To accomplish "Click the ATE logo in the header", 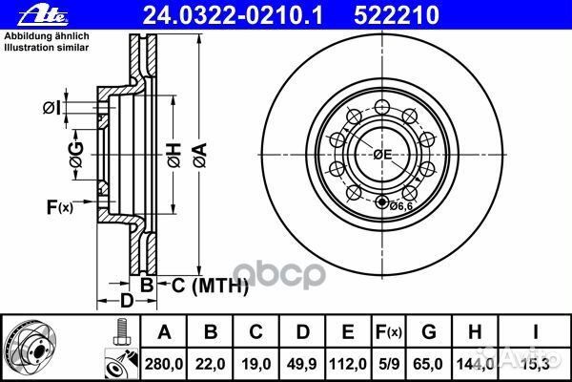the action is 43,15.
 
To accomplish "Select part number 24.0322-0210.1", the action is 233,15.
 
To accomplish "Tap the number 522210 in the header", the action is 397,15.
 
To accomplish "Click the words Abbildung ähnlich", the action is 47,36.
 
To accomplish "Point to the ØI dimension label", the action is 51,108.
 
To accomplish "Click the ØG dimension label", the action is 76,155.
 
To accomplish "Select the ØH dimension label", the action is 174,155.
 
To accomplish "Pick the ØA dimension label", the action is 200,155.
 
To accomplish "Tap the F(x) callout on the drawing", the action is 60,207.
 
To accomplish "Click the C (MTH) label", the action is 210,286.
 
